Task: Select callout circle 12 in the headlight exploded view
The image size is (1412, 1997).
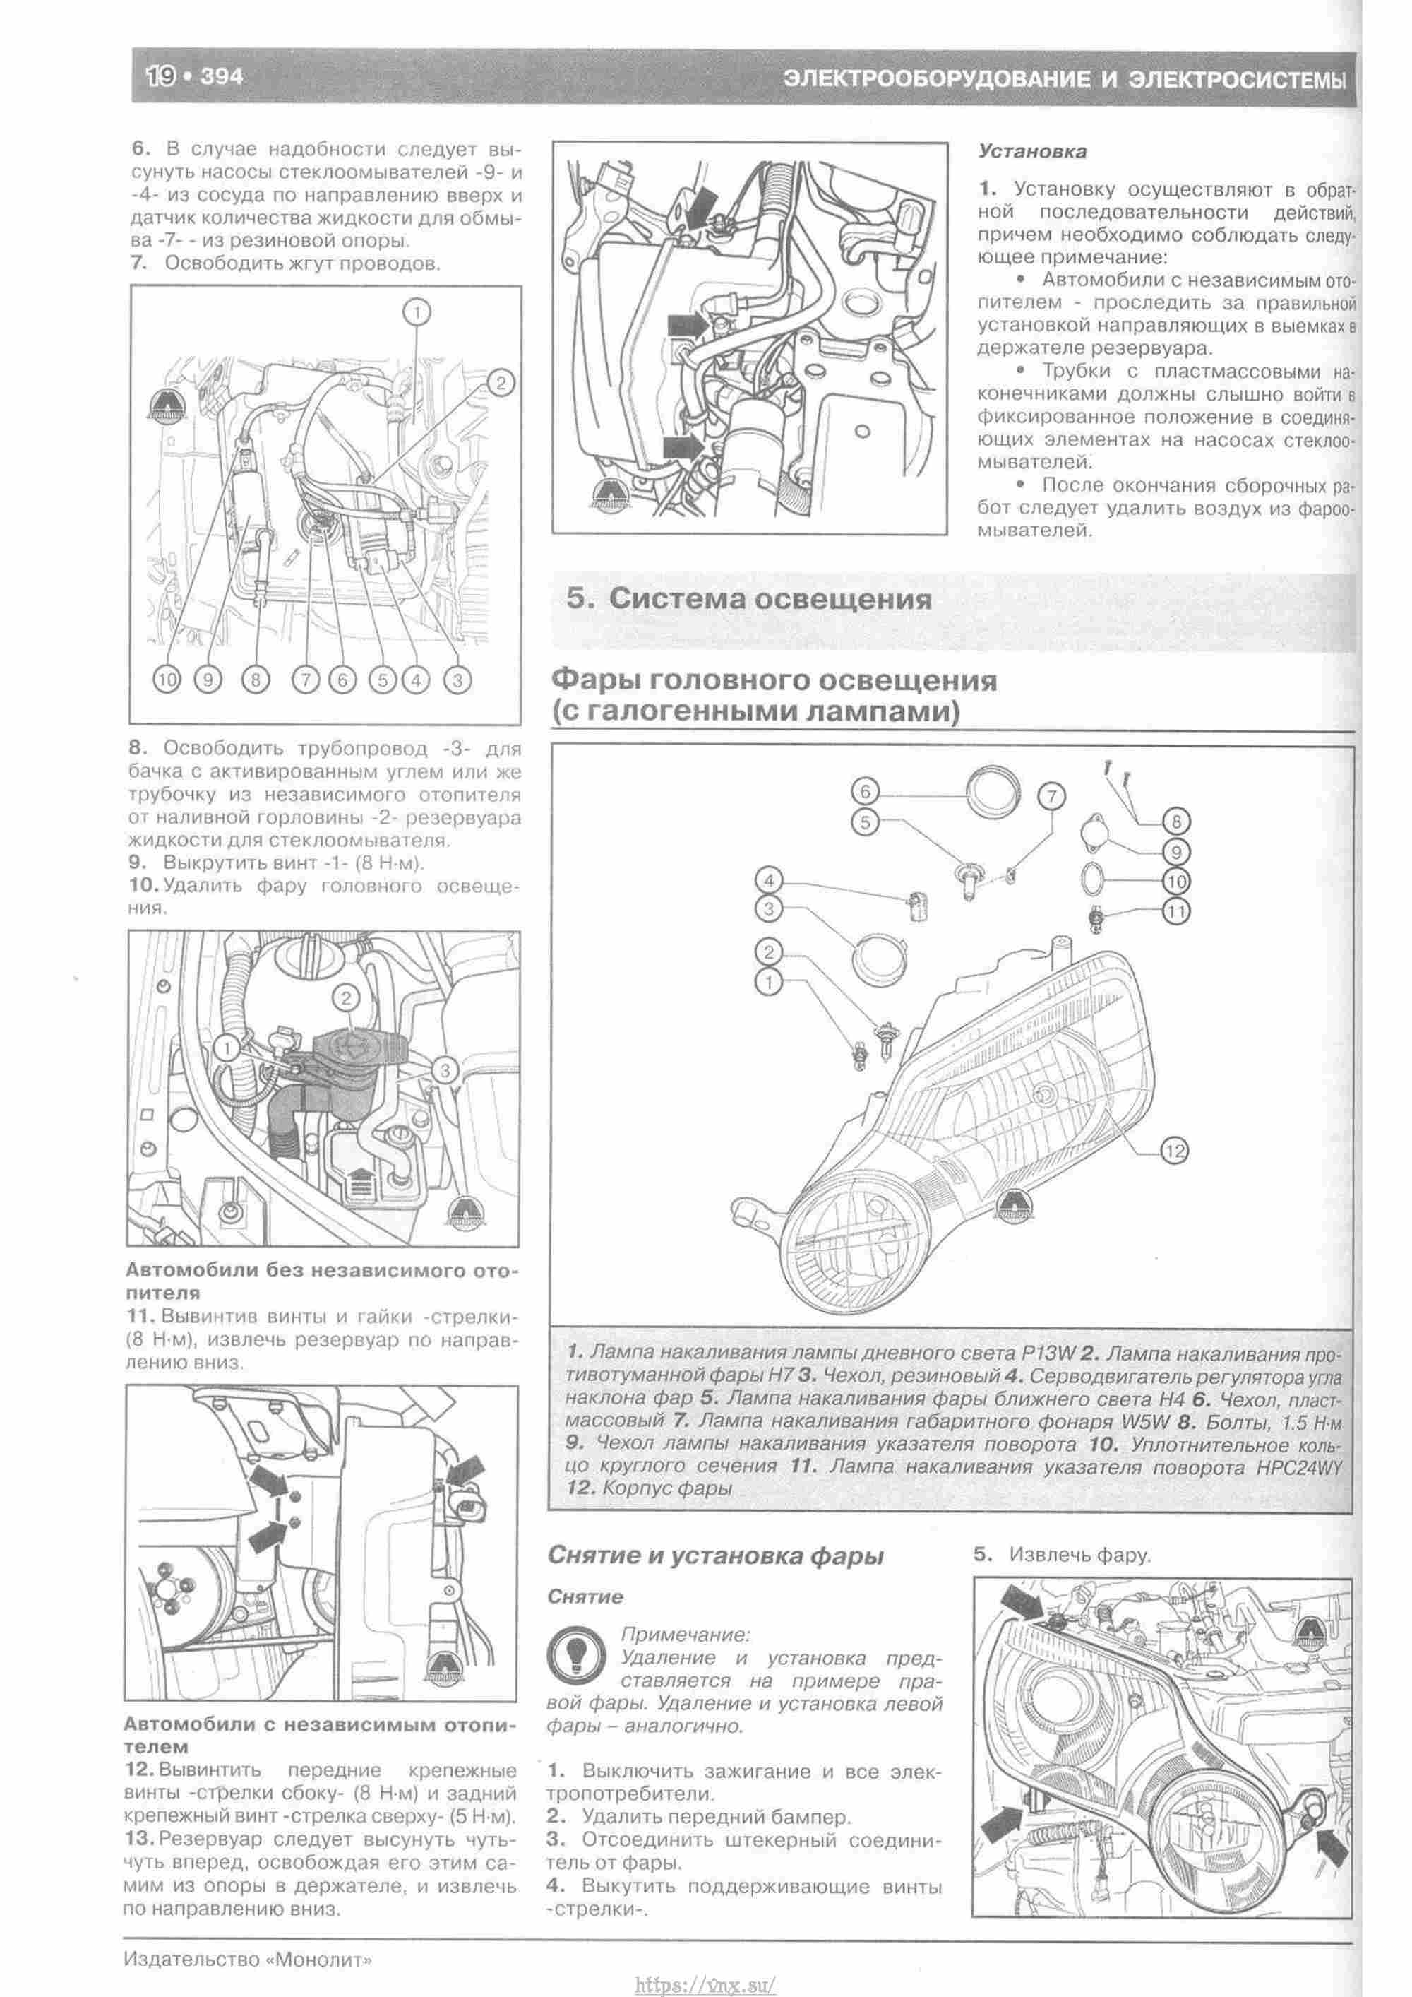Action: [x=1174, y=1151]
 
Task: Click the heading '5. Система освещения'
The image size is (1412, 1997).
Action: [x=748, y=599]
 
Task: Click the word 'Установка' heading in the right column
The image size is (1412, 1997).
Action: [x=1032, y=151]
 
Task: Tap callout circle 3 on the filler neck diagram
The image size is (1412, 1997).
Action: [x=444, y=1069]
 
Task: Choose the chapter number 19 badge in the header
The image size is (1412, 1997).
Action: [x=164, y=76]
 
